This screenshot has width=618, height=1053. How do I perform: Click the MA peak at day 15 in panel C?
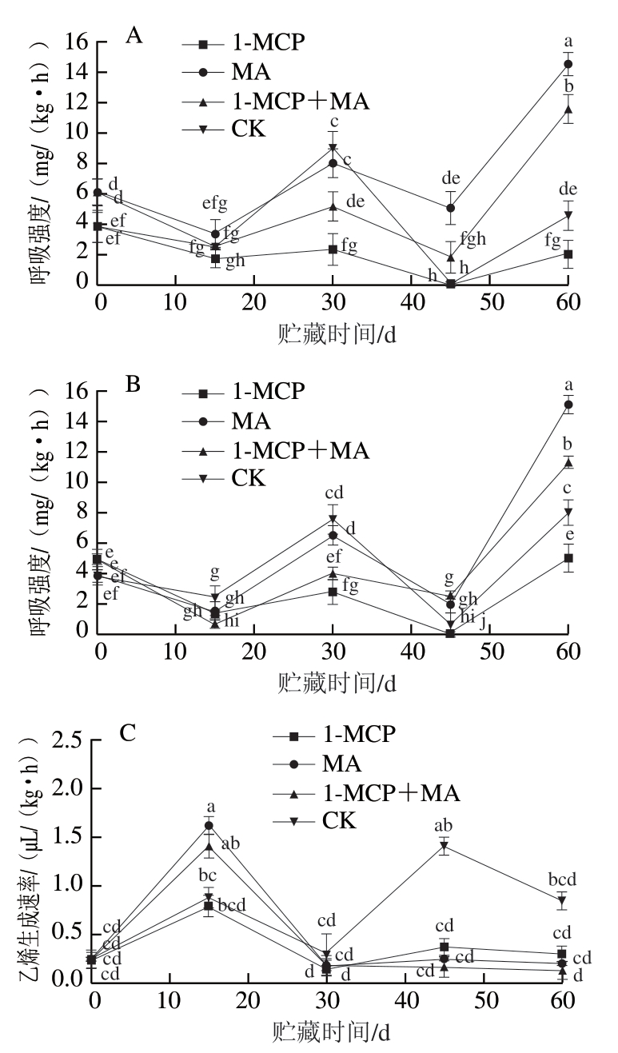pos(209,825)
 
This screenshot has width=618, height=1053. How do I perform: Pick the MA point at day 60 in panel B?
pos(568,405)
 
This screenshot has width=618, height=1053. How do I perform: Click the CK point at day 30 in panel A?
pos(333,149)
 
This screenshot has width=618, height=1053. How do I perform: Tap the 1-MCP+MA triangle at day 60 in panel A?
pos(568,110)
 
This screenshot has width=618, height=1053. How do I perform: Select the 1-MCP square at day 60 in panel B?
pos(568,558)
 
